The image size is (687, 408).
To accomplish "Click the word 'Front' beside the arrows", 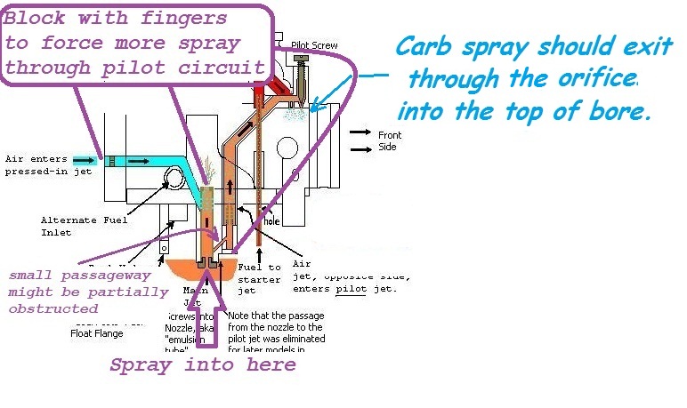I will point(390,136).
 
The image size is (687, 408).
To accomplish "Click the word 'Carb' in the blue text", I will point(421,46).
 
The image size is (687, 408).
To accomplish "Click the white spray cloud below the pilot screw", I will point(293,114).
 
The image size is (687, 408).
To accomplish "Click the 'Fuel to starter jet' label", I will point(263,277).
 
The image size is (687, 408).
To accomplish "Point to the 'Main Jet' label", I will point(196,295).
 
